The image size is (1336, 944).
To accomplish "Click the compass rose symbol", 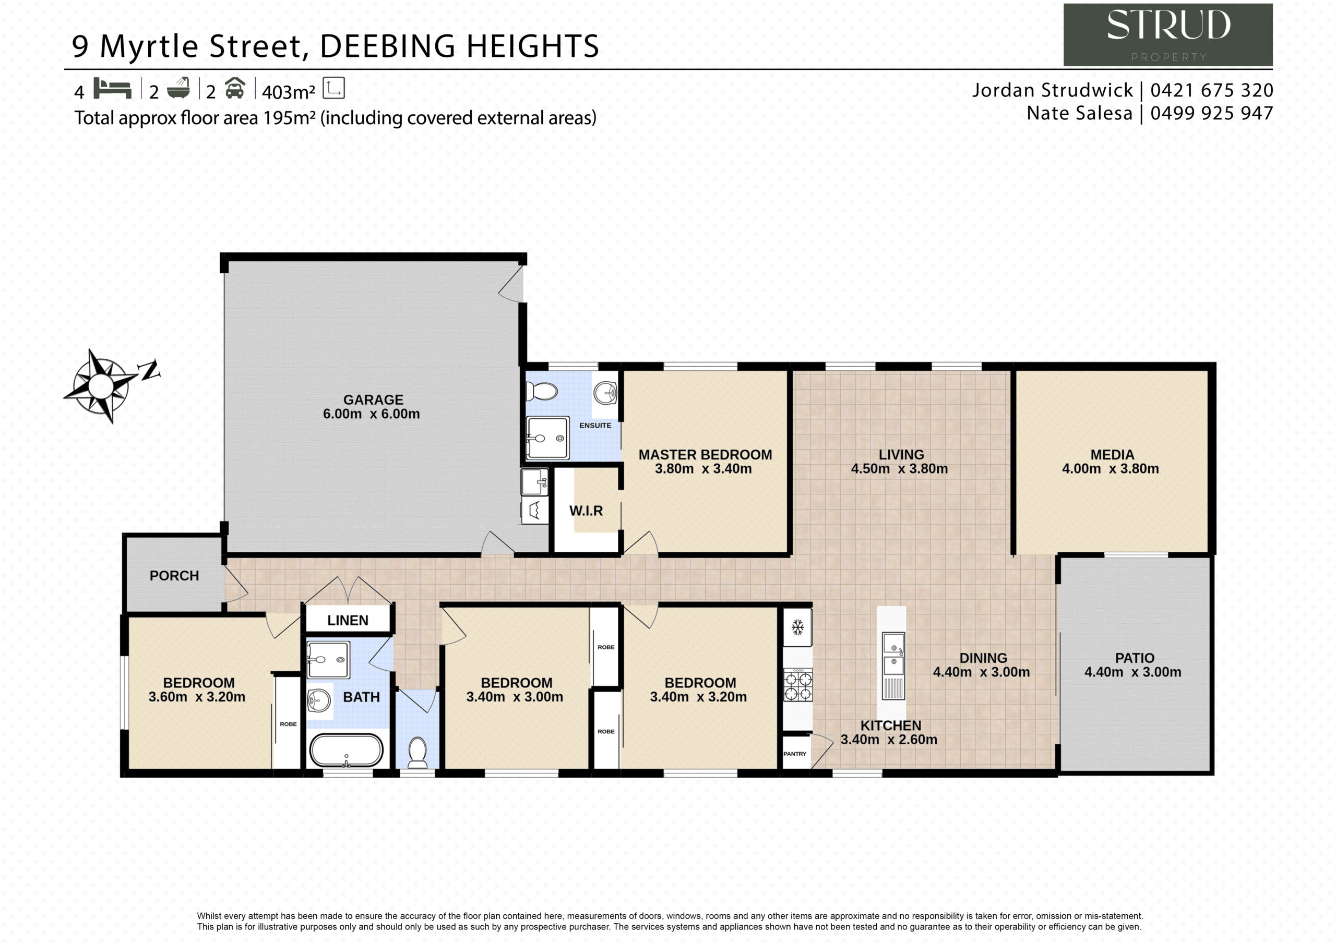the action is pos(102,385).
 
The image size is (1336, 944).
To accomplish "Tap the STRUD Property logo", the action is pos(1168,35).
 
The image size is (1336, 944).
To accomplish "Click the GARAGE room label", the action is pos(373,400).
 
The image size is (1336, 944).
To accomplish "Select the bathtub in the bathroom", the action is pos(346,751).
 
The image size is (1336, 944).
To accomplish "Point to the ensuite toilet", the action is pos(542,392).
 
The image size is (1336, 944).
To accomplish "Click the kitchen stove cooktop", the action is pos(798,685).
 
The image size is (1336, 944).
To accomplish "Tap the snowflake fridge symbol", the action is pos(797,627).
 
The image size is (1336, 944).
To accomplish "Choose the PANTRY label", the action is pos(794,754).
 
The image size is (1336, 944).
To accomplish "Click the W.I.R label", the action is pos(586,511).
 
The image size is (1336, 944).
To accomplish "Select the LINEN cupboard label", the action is pos(348,620).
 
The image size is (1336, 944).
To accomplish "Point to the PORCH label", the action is pos(174,575).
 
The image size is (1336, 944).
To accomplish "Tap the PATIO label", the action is pos(1135,658).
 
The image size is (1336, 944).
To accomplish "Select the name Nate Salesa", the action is pos(1079,113).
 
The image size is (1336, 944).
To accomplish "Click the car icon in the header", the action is pos(234,89).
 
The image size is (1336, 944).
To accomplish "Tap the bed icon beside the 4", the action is pos(112,89).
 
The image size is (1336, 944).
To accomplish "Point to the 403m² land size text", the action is pos(289,92).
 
